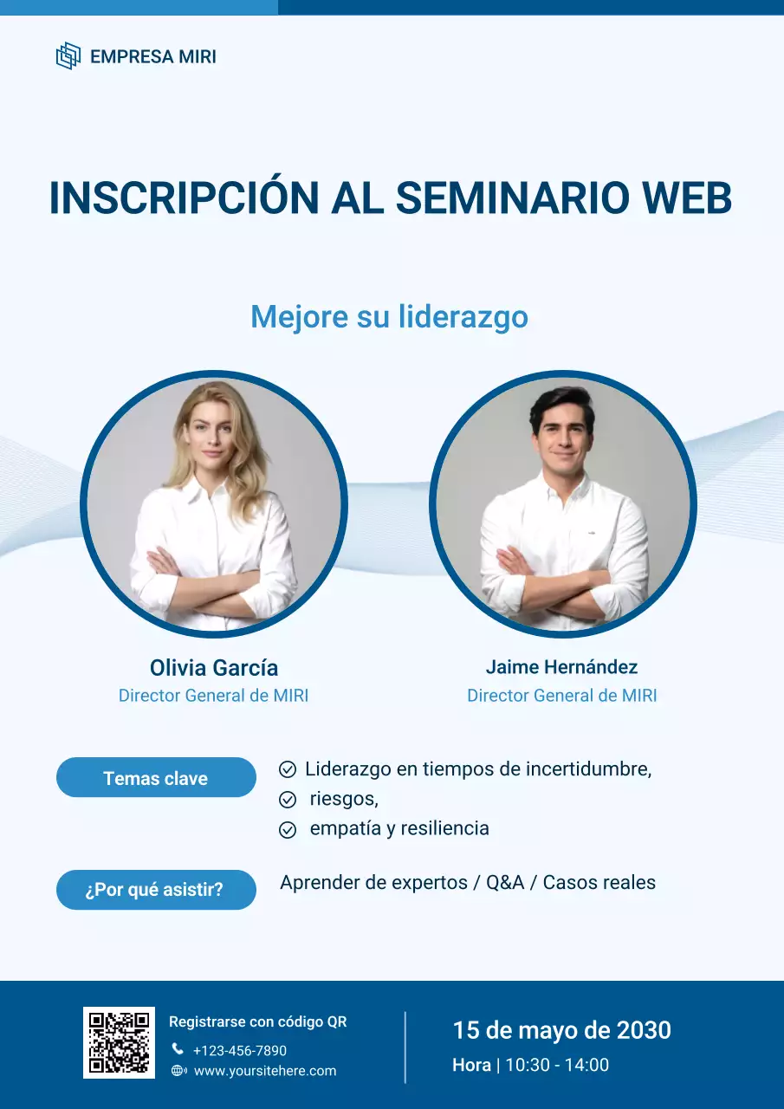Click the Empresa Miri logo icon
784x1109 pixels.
[x=68, y=56]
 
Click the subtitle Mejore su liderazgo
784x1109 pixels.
[x=389, y=317]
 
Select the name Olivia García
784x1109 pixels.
[x=214, y=668]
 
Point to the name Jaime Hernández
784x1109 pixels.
[x=561, y=667]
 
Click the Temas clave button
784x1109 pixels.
[x=156, y=778]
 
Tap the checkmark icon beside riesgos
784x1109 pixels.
[x=288, y=799]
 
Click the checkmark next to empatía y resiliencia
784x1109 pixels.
[x=288, y=829]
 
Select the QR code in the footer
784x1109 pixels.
[x=119, y=1042]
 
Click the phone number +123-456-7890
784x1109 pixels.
[x=239, y=1051]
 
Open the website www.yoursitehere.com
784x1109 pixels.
[x=264, y=1071]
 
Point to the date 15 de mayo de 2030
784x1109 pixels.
[x=561, y=1030]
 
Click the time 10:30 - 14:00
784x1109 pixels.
[x=556, y=1066]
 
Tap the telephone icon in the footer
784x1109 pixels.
[x=178, y=1049]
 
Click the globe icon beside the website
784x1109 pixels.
[x=178, y=1071]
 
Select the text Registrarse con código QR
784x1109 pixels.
[x=257, y=1022]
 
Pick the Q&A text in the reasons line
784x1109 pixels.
[x=505, y=883]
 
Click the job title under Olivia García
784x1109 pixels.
[x=213, y=696]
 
